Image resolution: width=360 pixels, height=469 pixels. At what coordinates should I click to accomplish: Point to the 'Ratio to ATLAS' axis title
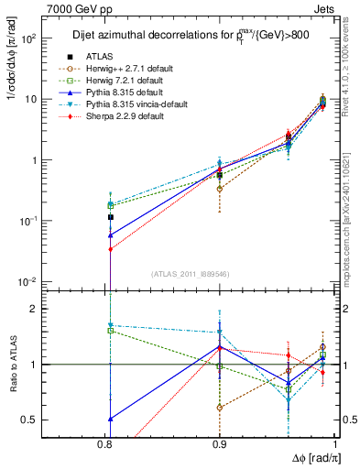tap(12, 364)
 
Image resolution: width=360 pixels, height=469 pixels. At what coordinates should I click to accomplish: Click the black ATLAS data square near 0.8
tap(110, 217)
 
